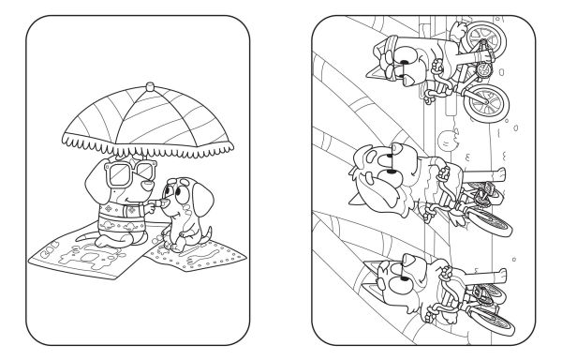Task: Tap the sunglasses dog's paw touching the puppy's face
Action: pyautogui.click(x=150, y=203)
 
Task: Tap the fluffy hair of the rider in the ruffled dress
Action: pyautogui.click(x=369, y=168)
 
